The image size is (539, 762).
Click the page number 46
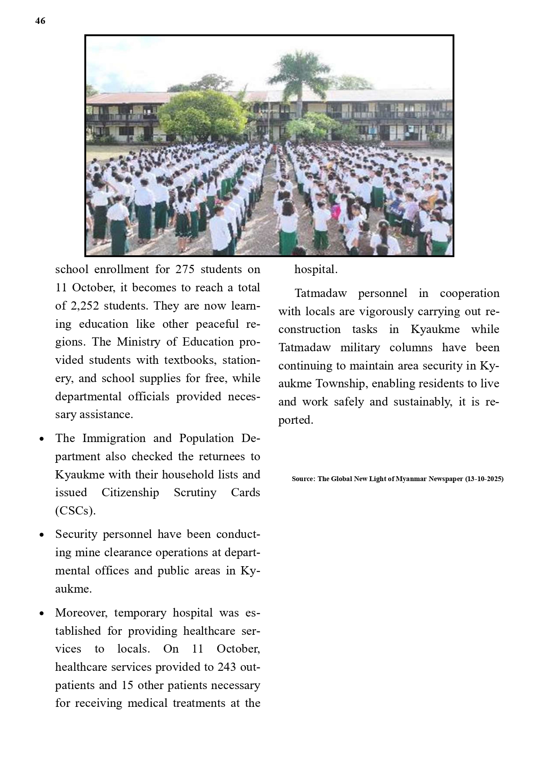tap(40, 21)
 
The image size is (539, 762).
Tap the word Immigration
tap(114, 438)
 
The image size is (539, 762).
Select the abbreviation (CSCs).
tap(75, 511)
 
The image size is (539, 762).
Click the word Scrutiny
tap(195, 492)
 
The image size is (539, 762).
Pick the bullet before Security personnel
tap(42, 535)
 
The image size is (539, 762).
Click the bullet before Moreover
tap(42, 614)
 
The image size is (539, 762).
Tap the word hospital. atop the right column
tap(316, 269)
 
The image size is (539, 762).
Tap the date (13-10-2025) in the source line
tap(484, 479)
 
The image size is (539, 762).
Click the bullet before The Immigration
tap(42, 439)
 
